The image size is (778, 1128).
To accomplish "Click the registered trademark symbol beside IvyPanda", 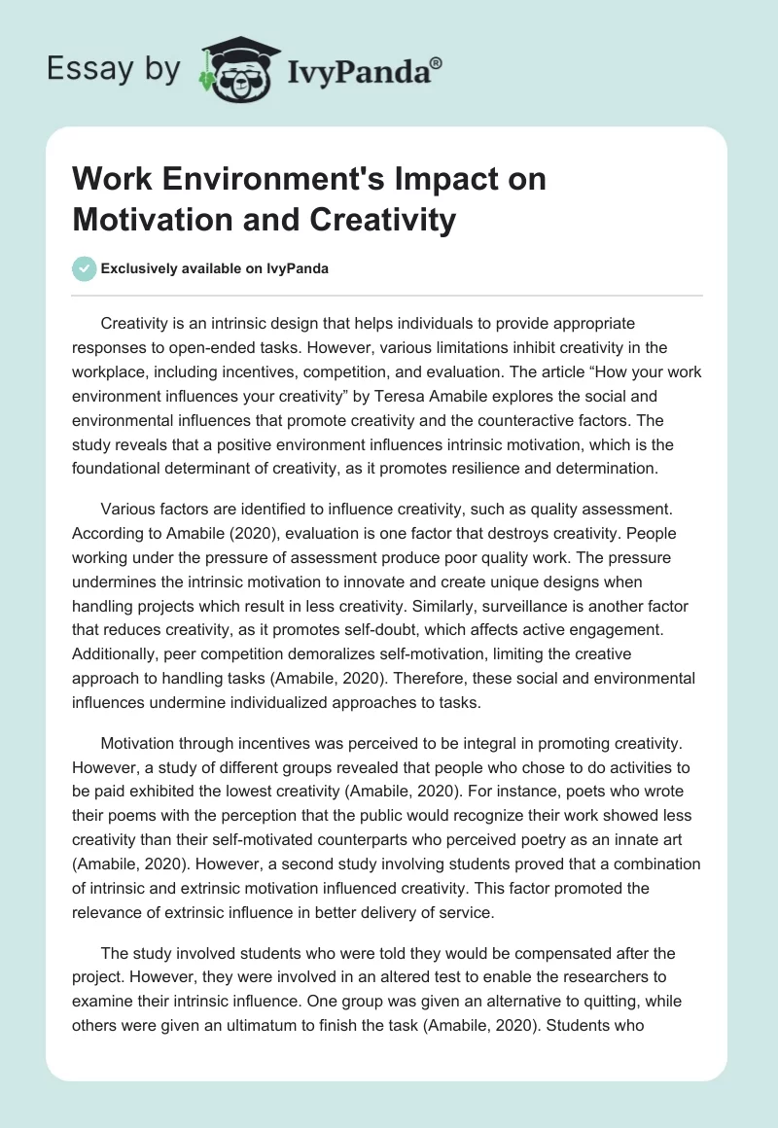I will coord(437,64).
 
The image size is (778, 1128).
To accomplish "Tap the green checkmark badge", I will coord(84,268).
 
